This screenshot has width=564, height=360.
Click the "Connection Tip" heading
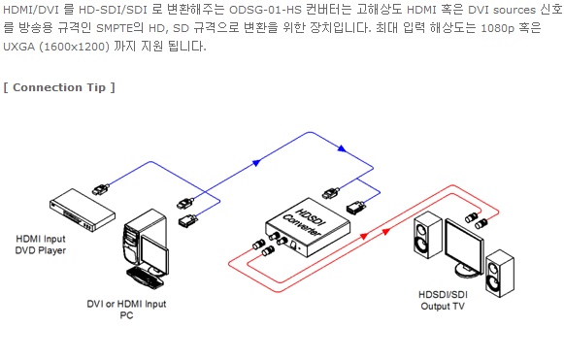(59, 87)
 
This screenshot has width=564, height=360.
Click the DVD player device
(83, 210)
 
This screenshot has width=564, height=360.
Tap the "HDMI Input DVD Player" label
(41, 245)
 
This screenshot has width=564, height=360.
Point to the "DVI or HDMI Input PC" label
(126, 310)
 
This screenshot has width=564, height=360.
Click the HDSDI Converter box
(308, 227)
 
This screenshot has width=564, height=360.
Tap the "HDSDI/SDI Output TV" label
(443, 300)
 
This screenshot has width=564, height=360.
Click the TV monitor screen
(464, 247)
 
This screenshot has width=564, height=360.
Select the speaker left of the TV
(428, 235)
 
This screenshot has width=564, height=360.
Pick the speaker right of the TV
(500, 274)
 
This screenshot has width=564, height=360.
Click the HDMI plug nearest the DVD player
(101, 189)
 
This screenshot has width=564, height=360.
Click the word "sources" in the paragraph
(514, 10)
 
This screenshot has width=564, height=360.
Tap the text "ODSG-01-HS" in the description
(265, 10)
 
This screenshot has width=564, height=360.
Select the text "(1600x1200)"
(74, 47)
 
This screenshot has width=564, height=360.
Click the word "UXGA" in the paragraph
(18, 47)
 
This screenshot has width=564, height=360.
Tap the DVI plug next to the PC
(187, 220)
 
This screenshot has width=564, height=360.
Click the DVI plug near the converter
(356, 208)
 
